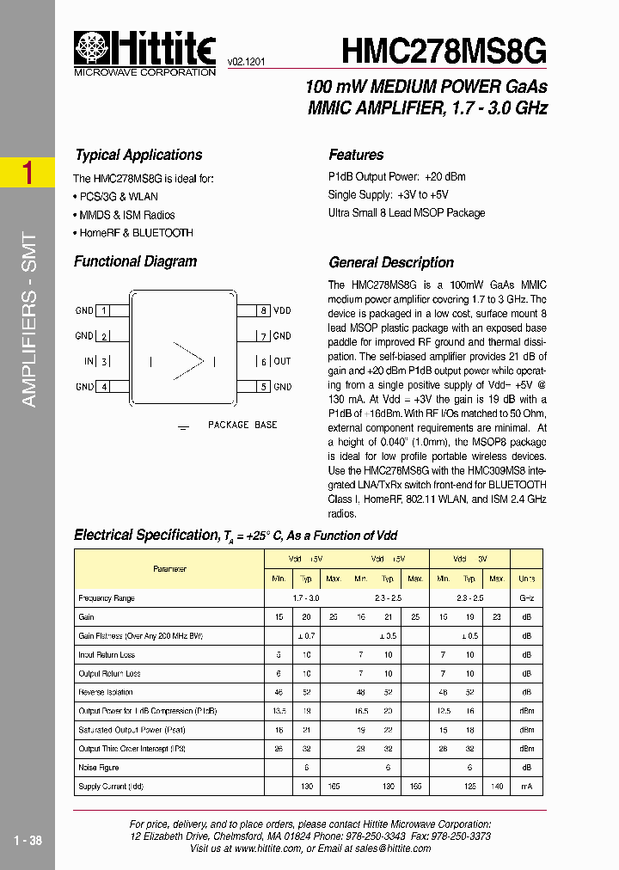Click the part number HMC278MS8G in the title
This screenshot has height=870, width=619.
444,52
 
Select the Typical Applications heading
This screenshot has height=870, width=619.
138,155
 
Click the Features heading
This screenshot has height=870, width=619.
356,155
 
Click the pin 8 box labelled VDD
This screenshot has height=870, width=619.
265,310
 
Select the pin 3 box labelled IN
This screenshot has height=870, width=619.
104,362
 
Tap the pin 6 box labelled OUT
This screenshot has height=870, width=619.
265,362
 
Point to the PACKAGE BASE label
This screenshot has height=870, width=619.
242,425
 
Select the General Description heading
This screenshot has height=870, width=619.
391,262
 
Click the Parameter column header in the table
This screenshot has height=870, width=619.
169,569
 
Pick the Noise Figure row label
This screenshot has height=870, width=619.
99,768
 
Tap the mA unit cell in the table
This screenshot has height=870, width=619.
526,787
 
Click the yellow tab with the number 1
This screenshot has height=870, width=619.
28,173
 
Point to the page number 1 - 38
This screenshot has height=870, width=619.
28,840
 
